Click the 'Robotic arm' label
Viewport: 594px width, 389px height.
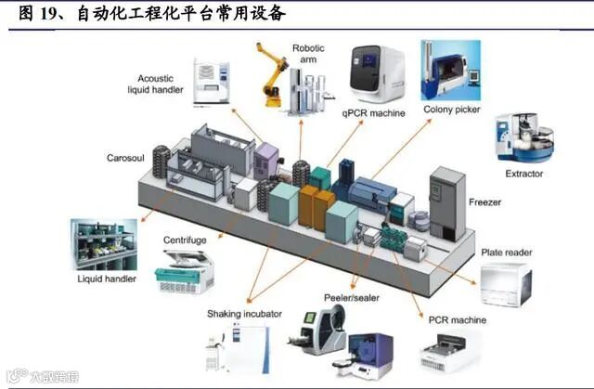click(x=308, y=55)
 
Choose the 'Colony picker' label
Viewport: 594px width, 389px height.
click(x=452, y=110)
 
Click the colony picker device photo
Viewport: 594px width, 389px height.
click(x=450, y=71)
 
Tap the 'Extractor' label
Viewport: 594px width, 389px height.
click(x=524, y=174)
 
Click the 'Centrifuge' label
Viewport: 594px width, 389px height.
click(x=184, y=240)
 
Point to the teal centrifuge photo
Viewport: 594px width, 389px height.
click(x=184, y=271)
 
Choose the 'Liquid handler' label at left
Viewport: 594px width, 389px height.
click(x=108, y=279)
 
